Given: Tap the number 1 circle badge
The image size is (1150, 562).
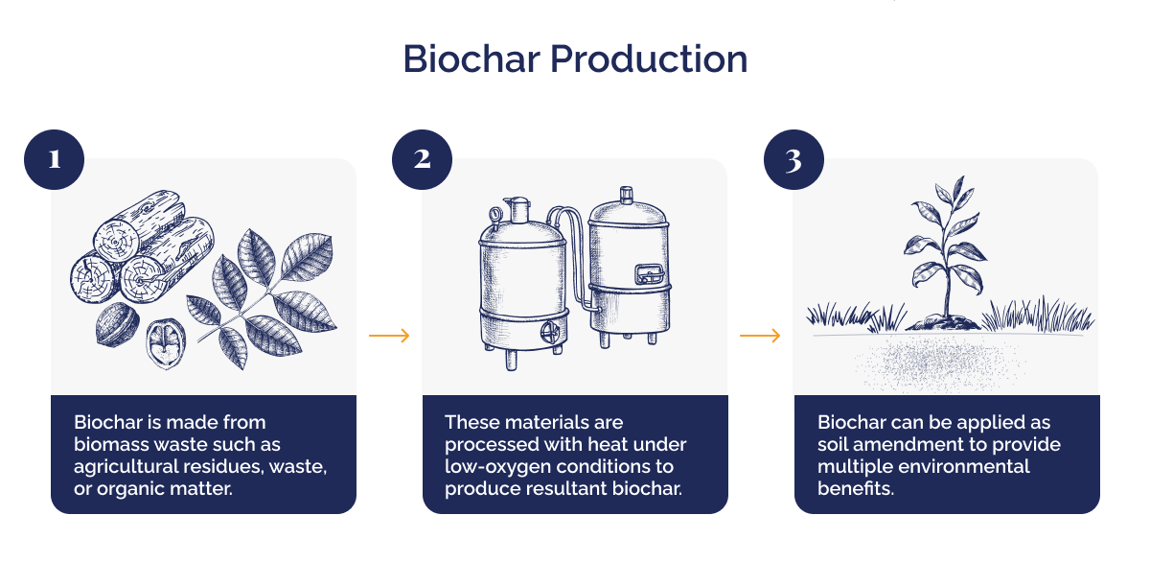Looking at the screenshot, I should (53, 158).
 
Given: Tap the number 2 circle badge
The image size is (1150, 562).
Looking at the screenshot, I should (423, 158).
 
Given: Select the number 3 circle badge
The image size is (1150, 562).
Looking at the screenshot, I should (793, 158).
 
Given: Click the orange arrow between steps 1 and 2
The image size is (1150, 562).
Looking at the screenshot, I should (389, 335).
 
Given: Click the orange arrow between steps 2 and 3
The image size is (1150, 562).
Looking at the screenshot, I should (760, 335).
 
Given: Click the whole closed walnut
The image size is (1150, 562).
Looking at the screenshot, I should (117, 327).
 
